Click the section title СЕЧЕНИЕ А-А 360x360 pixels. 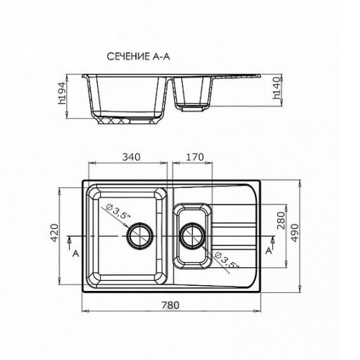(138, 57)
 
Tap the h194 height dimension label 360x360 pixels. (62, 93)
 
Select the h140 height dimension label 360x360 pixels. (277, 88)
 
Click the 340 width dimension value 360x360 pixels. (131, 157)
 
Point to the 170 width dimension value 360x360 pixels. (195, 157)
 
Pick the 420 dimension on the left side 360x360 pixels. (54, 233)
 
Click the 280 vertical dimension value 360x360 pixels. (281, 220)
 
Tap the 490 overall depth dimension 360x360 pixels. (294, 233)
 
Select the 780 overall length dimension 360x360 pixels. (171, 305)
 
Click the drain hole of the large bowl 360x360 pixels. (140, 235)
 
